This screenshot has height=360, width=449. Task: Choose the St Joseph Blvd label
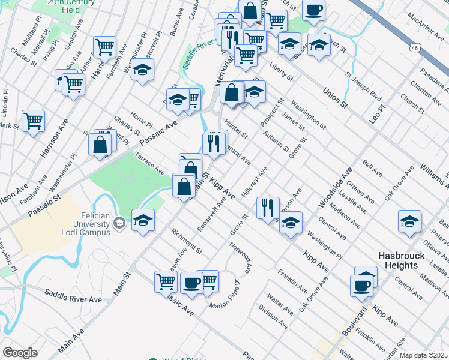[x=364, y=88]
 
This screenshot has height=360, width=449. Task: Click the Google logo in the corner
[x=20, y=353]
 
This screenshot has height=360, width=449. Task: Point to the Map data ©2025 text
[x=424, y=355]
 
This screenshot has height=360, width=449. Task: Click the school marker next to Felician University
[x=143, y=220]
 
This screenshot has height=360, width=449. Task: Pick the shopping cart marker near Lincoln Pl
[x=33, y=120]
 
